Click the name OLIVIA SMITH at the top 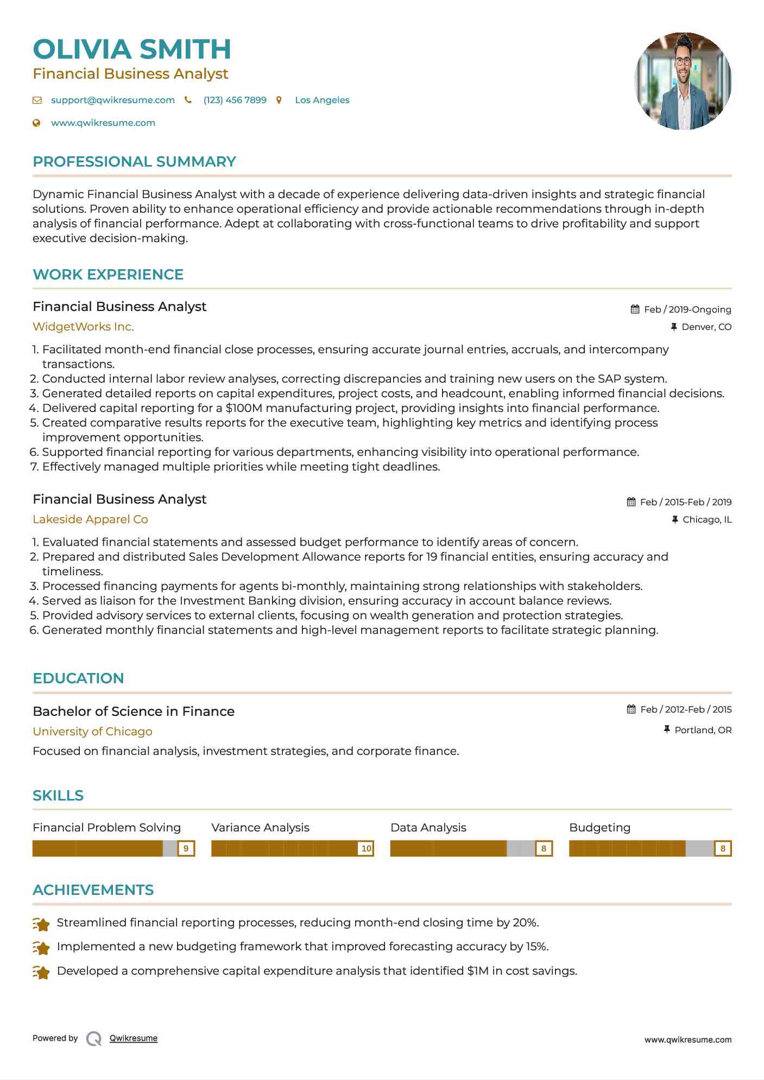132,49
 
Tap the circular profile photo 683,81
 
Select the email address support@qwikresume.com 113,100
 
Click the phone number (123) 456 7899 235,100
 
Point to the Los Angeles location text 322,100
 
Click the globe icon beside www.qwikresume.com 37,123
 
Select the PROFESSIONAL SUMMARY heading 134,162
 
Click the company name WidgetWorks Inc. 83,327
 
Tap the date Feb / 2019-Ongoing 687,310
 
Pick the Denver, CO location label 706,327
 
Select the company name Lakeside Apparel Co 90,519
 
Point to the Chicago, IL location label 707,520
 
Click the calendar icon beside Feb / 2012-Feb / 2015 631,709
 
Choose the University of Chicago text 92,732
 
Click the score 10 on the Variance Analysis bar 367,849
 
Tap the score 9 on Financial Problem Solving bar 186,849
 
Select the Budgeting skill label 599,828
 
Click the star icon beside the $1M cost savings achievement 41,972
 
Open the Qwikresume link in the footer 134,1038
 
